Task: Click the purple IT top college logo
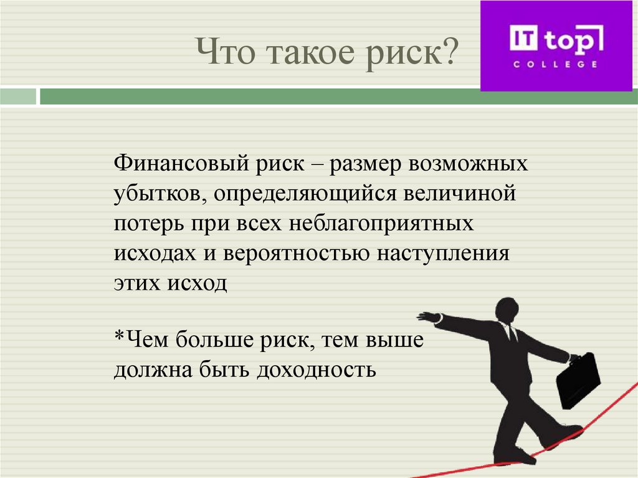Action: pyautogui.click(x=556, y=46)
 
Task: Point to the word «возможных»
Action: pyautogui.click(x=468, y=165)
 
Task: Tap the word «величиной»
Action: pyautogui.click(x=462, y=194)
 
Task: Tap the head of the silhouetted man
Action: pyautogui.click(x=507, y=310)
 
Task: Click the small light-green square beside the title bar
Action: pyautogui.click(x=18, y=97)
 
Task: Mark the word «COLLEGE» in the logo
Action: pyautogui.click(x=555, y=64)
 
